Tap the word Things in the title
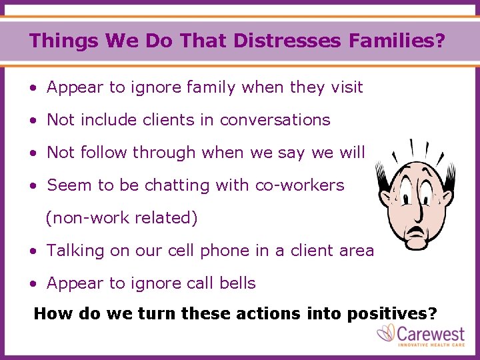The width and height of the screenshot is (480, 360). (x=55, y=41)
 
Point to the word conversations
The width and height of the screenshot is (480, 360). (x=275, y=119)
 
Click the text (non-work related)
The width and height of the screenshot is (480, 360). (x=121, y=218)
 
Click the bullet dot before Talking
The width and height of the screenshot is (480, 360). (x=33, y=251)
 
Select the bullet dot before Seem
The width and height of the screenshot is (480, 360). (x=33, y=186)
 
